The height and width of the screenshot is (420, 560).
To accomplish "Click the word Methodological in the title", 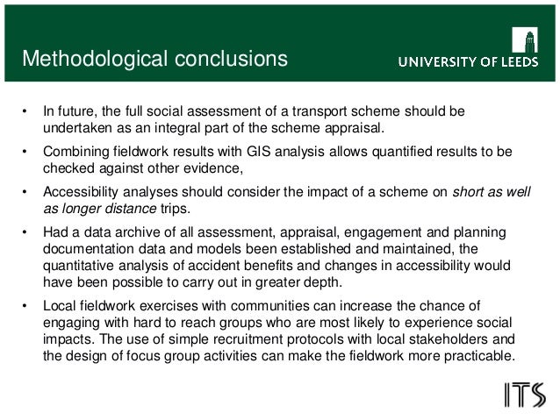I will point(86,60).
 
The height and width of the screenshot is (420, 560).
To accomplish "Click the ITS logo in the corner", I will point(525,395).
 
